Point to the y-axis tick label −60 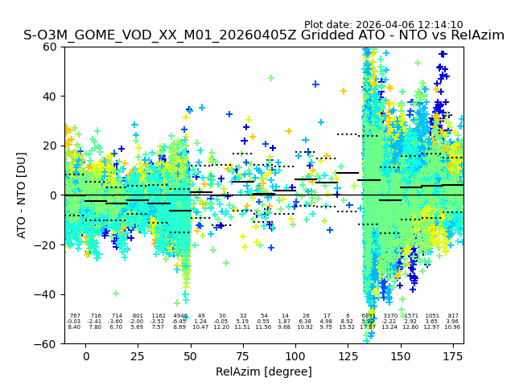click(x=48, y=343)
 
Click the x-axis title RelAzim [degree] click(x=264, y=372)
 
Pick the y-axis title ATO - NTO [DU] click(x=22, y=195)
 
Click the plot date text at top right click(x=383, y=25)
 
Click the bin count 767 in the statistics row click(x=75, y=316)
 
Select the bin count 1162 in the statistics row click(x=159, y=316)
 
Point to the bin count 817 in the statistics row click(x=453, y=316)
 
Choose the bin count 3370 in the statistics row click(x=389, y=316)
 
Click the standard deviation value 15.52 click(x=347, y=327)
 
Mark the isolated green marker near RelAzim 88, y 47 click(x=271, y=78)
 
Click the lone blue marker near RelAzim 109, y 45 click(x=315, y=84)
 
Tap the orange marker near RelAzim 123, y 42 click(x=344, y=91)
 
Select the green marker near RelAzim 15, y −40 click(x=116, y=294)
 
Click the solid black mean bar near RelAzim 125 click(x=348, y=173)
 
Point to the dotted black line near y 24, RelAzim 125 click(x=348, y=134)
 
